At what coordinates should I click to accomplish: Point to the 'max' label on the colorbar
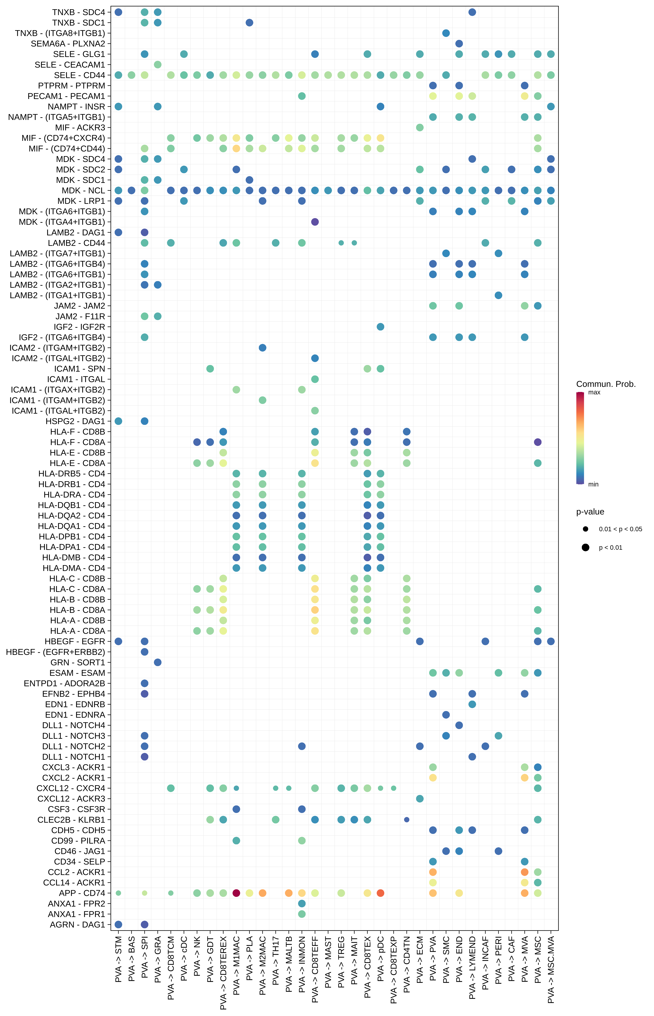point(594,392)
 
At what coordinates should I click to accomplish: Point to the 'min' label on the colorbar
point(593,484)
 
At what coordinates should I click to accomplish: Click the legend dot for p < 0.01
point(586,548)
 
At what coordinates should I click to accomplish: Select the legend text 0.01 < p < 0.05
point(620,529)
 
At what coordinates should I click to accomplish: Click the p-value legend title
point(590,512)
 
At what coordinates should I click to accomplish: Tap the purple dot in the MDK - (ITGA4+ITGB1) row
point(315,222)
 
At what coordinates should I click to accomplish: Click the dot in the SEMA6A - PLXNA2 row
point(459,44)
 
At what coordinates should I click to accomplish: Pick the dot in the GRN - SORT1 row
point(158,662)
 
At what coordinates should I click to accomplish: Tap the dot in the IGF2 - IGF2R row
point(381,327)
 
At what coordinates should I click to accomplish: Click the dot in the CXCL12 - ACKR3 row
point(420,798)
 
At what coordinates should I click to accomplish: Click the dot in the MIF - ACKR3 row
point(420,127)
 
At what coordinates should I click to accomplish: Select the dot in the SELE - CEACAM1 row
point(158,65)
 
